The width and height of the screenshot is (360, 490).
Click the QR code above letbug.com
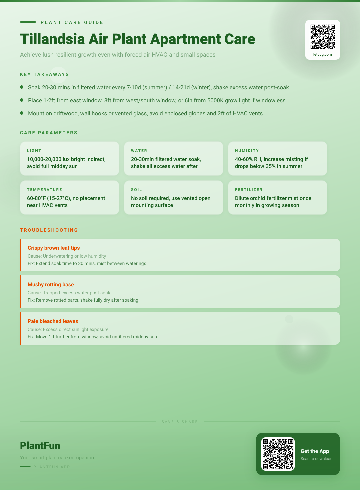pyautogui.click(x=323, y=37)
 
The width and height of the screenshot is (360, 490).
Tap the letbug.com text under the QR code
pyautogui.click(x=323, y=54)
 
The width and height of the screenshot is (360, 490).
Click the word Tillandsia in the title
pyautogui.click(x=53, y=39)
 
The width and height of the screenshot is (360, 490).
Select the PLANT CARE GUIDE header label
pyautogui.click(x=72, y=22)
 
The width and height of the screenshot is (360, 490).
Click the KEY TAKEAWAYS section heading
pyautogui.click(x=45, y=74)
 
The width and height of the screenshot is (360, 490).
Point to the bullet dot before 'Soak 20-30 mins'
pyautogui.click(x=22, y=87)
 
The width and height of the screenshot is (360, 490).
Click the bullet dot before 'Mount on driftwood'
pyautogui.click(x=22, y=113)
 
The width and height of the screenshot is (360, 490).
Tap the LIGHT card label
pyautogui.click(x=34, y=151)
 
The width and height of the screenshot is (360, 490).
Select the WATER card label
pyautogui.click(x=139, y=151)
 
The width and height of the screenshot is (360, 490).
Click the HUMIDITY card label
pyautogui.click(x=247, y=151)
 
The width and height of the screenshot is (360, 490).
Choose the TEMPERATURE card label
pyautogui.click(x=45, y=190)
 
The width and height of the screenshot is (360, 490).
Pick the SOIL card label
pyautogui.click(x=137, y=190)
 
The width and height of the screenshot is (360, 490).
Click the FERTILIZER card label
pyautogui.click(x=249, y=190)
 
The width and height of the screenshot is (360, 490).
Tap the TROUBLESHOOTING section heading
pyautogui.click(x=49, y=230)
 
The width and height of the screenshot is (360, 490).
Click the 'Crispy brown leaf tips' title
pyautogui.click(x=54, y=248)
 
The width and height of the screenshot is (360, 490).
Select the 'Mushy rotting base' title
pyautogui.click(x=51, y=285)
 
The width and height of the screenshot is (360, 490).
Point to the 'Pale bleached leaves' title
pyautogui.click(x=53, y=321)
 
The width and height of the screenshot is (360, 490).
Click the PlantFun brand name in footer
pyautogui.click(x=40, y=446)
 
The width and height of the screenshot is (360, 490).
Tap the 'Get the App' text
pyautogui.click(x=315, y=451)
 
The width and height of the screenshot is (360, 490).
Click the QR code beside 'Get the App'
pyautogui.click(x=278, y=454)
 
